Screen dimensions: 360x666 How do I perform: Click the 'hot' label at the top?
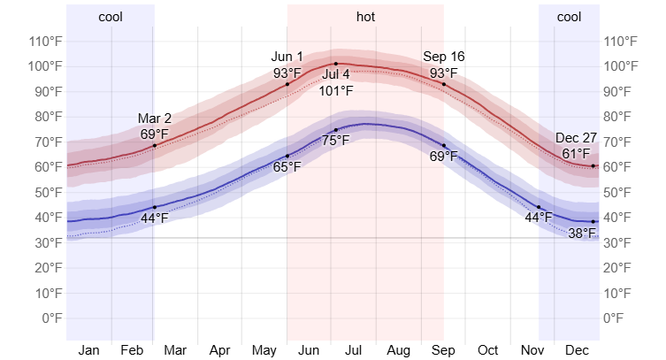pos(365,17)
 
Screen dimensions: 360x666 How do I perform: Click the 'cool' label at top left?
pos(111,17)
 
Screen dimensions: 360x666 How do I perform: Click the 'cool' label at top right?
pos(569,17)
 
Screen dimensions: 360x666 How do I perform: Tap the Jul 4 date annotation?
pos(335,74)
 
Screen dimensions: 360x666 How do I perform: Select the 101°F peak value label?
pos(335,90)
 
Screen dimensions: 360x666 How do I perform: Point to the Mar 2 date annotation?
pos(155,119)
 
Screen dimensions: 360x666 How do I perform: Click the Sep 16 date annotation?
pos(444,57)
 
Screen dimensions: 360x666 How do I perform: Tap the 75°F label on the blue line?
pos(335,140)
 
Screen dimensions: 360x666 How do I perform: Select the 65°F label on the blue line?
pos(287,166)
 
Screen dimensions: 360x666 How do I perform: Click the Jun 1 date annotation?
pos(287,57)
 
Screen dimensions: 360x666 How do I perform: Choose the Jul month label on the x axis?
pos(353,350)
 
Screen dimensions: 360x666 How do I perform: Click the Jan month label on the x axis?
pos(88,350)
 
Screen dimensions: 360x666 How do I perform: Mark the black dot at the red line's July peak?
pos(335,64)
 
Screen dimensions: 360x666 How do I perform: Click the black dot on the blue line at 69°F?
pos(444,145)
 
